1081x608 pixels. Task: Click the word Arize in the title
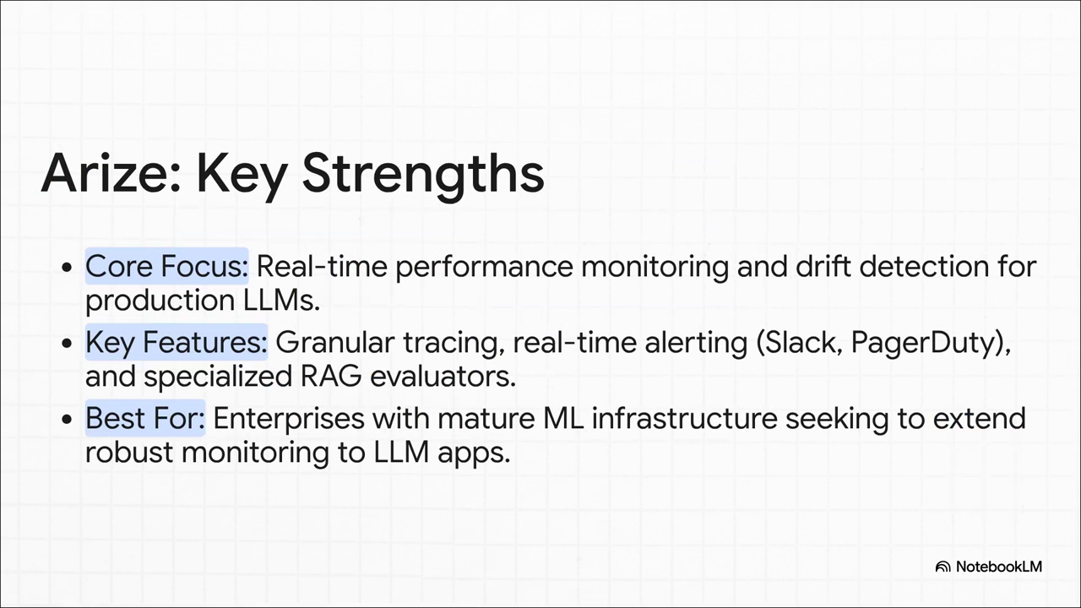[x=111, y=173]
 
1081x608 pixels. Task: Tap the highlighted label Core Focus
[x=167, y=266]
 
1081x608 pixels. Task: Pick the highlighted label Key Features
[x=177, y=342]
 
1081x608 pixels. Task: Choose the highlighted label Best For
[x=145, y=418]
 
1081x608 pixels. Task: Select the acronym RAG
[x=330, y=377]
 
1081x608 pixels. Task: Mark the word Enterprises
[x=289, y=420]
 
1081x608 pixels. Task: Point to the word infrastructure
[x=684, y=418]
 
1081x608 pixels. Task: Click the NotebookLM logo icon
[x=942, y=567]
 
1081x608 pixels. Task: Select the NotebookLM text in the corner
[x=999, y=567]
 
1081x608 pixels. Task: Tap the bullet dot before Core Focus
[x=67, y=267]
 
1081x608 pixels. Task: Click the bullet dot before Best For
[x=67, y=419]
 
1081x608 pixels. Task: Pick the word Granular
[x=335, y=342]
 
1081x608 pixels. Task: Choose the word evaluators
[x=443, y=377]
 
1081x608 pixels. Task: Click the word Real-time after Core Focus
[x=322, y=266]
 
